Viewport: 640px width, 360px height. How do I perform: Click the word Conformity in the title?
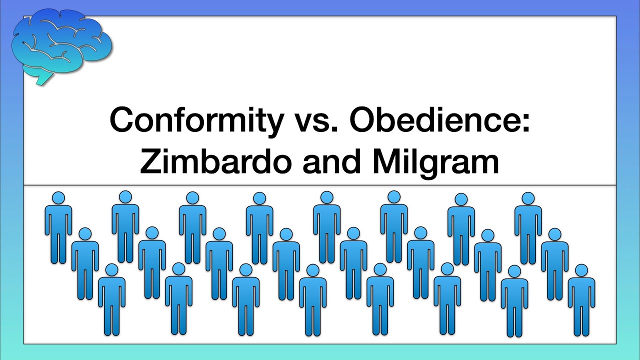[195, 121]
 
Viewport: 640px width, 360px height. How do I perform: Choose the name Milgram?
[434, 163]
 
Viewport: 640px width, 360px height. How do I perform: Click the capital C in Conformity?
[123, 121]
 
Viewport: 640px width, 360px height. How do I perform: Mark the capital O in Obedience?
[365, 121]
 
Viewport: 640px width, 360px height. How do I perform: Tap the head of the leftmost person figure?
[58, 198]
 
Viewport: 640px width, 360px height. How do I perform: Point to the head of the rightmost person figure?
[581, 270]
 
